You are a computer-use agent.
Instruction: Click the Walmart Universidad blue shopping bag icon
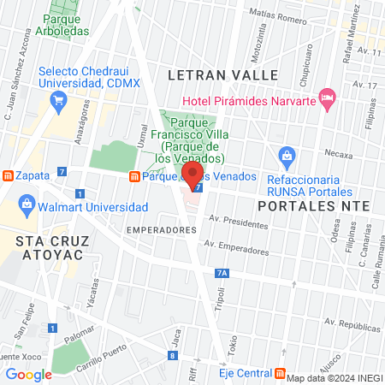click(x=27, y=205)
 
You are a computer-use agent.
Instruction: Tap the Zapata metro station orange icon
click(x=8, y=175)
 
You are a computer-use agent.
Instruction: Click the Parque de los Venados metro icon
click(x=134, y=176)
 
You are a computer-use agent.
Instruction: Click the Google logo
click(x=29, y=374)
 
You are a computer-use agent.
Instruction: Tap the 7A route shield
click(x=222, y=273)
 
